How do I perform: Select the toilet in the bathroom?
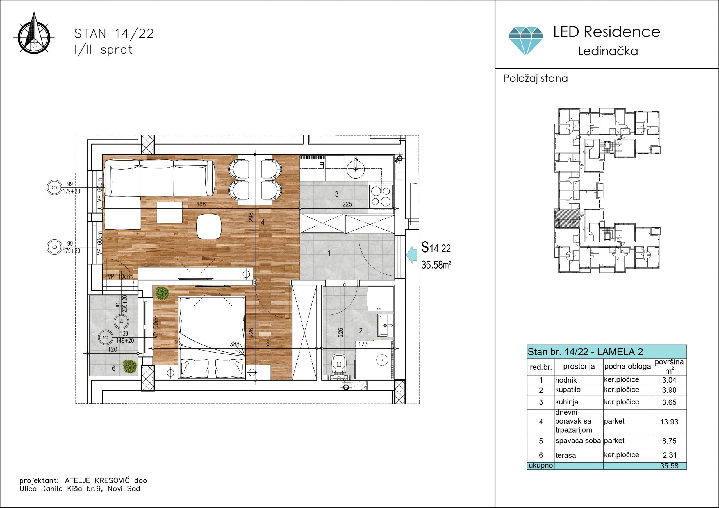tap(338, 364)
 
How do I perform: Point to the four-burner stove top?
tap(381, 196)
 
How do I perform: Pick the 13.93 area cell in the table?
tap(669, 422)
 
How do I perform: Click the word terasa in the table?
tap(566, 456)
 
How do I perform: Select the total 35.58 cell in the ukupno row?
tap(669, 466)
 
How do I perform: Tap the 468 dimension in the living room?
tap(201, 204)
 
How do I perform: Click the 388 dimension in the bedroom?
tap(235, 344)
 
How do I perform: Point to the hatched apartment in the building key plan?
tap(567, 218)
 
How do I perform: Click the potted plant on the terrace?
tap(130, 366)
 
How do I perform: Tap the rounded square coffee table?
tap(209, 226)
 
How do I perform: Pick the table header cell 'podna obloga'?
tap(627, 366)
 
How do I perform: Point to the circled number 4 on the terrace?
tap(121, 321)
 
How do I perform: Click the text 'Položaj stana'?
tap(536, 78)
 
